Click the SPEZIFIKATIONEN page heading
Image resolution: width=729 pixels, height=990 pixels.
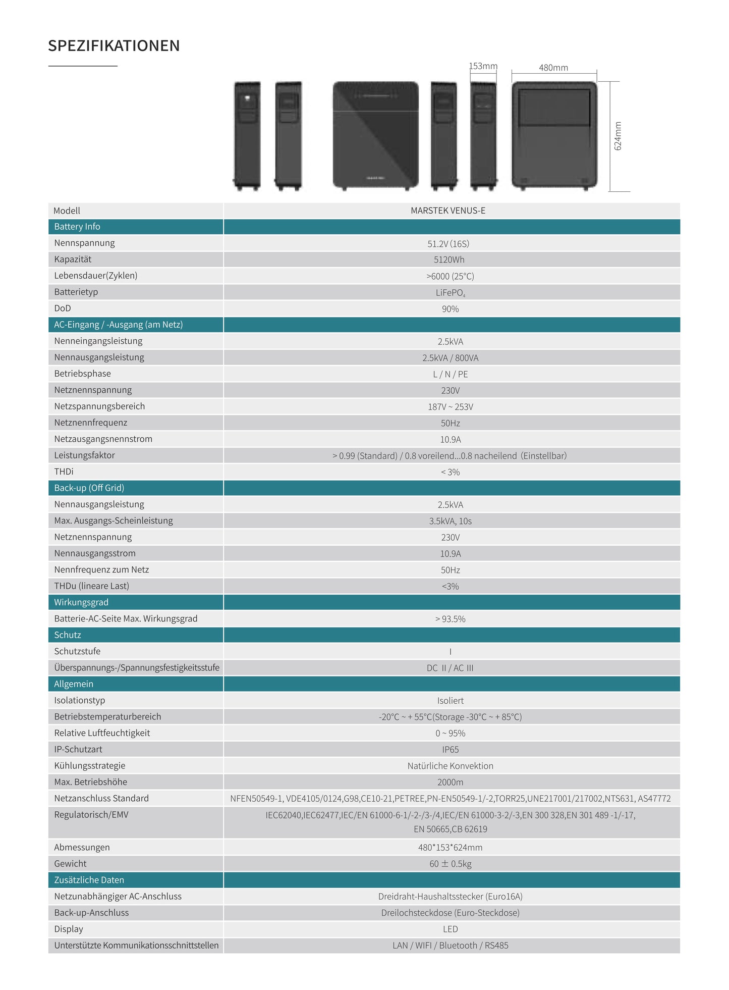pyautogui.click(x=114, y=46)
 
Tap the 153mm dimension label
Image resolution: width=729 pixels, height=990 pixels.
pyautogui.click(x=483, y=66)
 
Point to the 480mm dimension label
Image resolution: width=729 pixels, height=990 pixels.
pyautogui.click(x=553, y=68)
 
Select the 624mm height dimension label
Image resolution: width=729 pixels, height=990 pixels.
pyautogui.click(x=618, y=136)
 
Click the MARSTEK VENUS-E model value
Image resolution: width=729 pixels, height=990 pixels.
pyautogui.click(x=448, y=211)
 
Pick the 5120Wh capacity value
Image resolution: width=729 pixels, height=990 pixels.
pyautogui.click(x=449, y=260)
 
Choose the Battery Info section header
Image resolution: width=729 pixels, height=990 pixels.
pyautogui.click(x=77, y=227)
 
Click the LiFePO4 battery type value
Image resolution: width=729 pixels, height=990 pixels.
pyautogui.click(x=450, y=293)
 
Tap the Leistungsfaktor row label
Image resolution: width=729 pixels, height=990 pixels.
pyautogui.click(x=85, y=455)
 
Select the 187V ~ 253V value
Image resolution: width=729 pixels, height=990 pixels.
pyautogui.click(x=451, y=407)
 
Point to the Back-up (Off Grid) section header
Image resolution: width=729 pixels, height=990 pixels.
pyautogui.click(x=89, y=488)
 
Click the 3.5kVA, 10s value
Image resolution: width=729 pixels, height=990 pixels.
pyautogui.click(x=451, y=521)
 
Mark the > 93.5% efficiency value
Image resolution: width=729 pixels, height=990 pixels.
pyautogui.click(x=451, y=619)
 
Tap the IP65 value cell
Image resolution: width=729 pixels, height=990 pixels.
pyautogui.click(x=451, y=750)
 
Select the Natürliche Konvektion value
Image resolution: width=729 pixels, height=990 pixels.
pyautogui.click(x=451, y=766)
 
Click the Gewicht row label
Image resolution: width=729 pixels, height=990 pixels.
pyautogui.click(x=71, y=864)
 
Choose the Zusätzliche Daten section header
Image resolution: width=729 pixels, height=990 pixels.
pyautogui.click(x=89, y=880)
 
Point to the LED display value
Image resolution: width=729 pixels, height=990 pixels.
pyautogui.click(x=451, y=929)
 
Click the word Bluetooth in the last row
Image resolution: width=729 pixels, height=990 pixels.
pyautogui.click(x=458, y=946)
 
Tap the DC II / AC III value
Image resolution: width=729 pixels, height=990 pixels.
pyautogui.click(x=450, y=668)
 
